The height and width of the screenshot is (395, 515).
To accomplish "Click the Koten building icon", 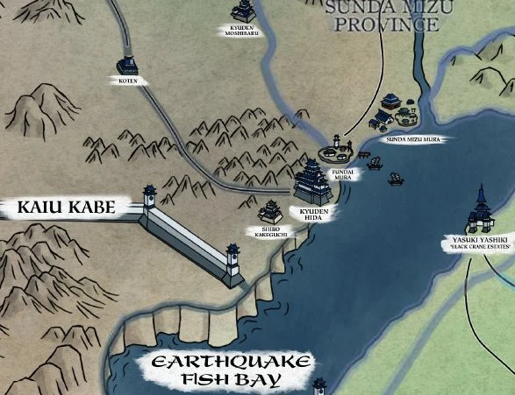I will [x=128, y=65].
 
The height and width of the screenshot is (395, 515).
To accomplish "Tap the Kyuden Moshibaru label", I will [x=242, y=31].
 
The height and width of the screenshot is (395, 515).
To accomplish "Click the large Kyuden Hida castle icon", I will [x=313, y=181].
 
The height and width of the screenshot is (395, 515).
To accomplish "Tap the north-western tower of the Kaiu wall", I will [x=150, y=196].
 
